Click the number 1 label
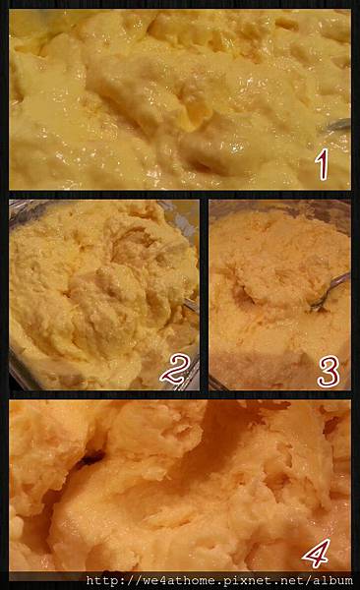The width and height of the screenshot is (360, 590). (x=322, y=166)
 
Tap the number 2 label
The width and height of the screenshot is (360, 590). (x=174, y=369)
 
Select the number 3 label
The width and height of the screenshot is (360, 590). (x=329, y=372)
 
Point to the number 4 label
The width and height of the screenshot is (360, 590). (x=317, y=553)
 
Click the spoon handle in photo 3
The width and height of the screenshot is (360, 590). (x=335, y=285)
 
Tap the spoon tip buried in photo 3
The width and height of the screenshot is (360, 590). (x=315, y=306)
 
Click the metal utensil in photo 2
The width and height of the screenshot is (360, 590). (x=191, y=304)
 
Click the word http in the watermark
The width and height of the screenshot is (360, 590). (x=101, y=580)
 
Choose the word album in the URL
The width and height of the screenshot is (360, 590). (x=333, y=580)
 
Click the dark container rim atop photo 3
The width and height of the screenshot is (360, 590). (x=278, y=206)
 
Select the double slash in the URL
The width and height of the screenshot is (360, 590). (x=133, y=580)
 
